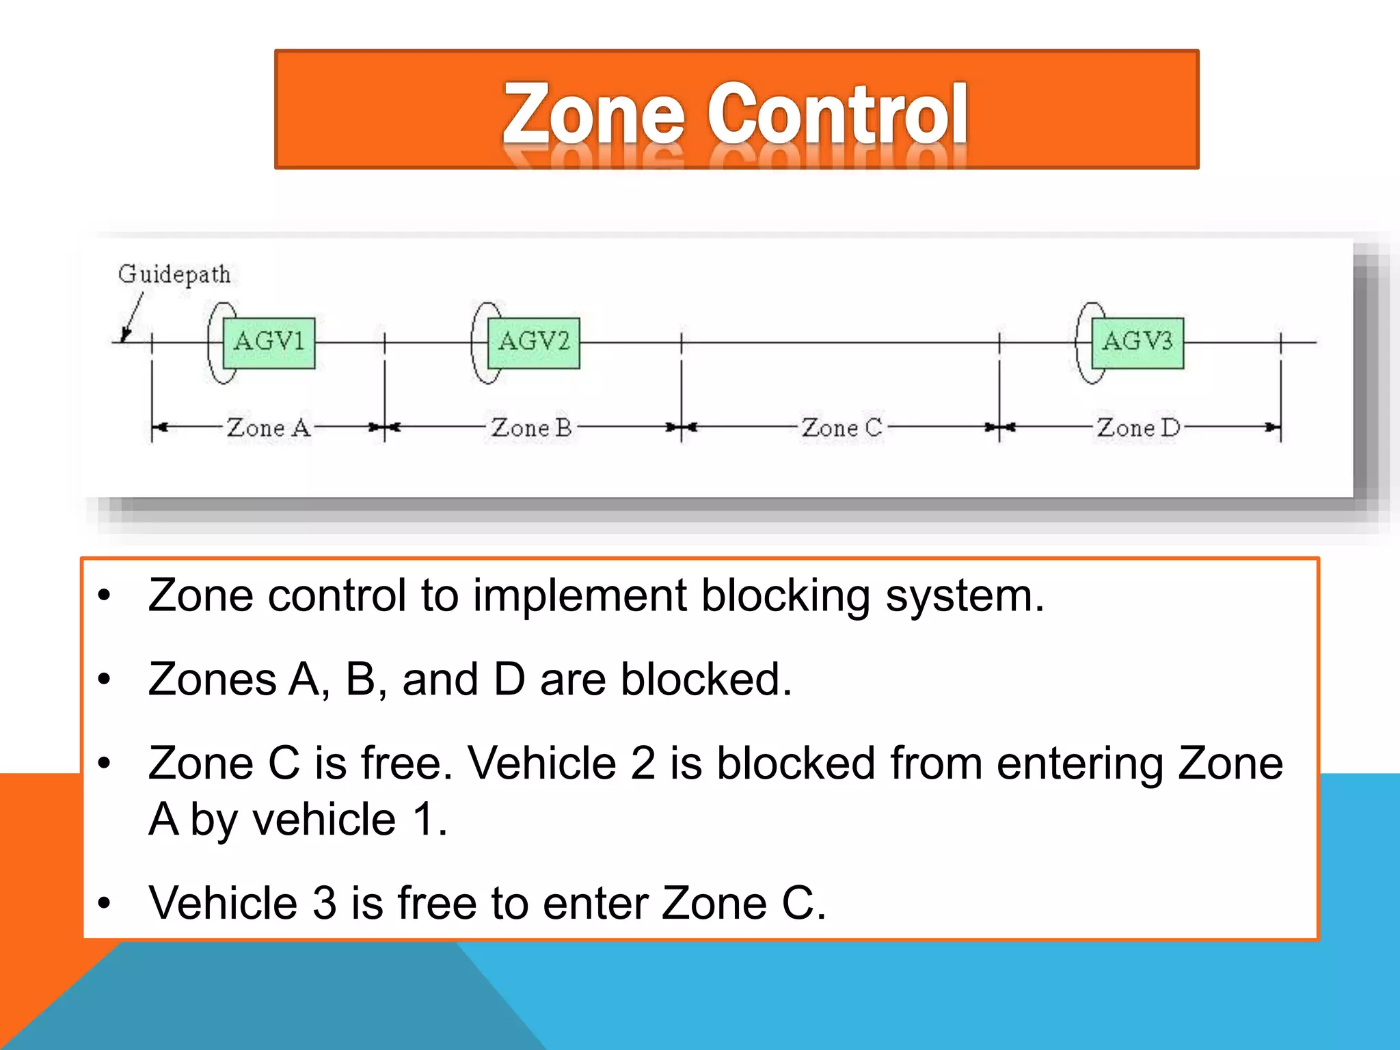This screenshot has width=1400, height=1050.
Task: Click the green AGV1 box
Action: (x=269, y=342)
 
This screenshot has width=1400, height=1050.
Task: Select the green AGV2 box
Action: (x=533, y=342)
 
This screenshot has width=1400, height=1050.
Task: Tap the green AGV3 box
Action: (x=1137, y=342)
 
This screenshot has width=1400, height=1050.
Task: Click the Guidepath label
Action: (x=174, y=275)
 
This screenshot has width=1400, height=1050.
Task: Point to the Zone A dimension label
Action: (x=268, y=428)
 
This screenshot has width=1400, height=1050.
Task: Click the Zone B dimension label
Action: (x=531, y=428)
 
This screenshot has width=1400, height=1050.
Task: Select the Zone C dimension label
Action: (x=842, y=428)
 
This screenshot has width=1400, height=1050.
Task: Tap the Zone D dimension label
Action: (x=1138, y=428)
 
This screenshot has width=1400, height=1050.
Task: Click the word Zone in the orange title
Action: (x=593, y=113)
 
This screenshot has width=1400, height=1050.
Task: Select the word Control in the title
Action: (x=837, y=113)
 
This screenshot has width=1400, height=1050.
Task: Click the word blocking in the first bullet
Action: (x=785, y=596)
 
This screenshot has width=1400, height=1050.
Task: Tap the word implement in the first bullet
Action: (x=580, y=596)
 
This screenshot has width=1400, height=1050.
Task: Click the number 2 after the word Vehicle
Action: (x=643, y=764)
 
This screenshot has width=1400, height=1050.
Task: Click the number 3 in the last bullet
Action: (x=325, y=904)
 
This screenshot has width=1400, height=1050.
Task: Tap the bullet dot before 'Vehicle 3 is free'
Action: (x=104, y=904)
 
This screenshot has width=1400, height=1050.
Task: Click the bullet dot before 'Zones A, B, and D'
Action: (x=104, y=679)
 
